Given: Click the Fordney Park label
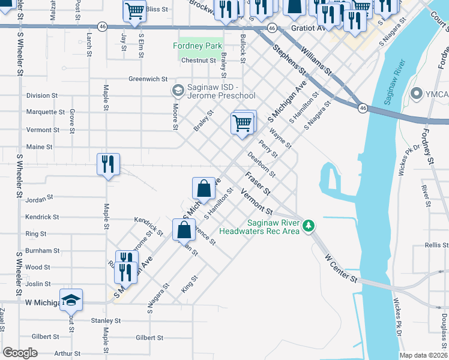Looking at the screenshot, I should click(x=197, y=46).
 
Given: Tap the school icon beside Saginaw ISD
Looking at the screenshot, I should click(x=178, y=91).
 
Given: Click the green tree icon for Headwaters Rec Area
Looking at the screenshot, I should click(x=309, y=226).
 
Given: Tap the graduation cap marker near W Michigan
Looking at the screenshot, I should click(x=71, y=299).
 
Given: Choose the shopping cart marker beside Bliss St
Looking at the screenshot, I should click(x=134, y=10).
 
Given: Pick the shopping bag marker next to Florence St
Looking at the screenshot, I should click(x=184, y=229).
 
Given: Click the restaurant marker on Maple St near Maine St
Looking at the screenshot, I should click(x=108, y=163).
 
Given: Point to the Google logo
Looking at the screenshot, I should click(x=20, y=353).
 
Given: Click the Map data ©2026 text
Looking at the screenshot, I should click(x=423, y=355).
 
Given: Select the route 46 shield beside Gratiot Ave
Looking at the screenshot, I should click(x=271, y=28).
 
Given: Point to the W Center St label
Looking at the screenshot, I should click(x=341, y=269).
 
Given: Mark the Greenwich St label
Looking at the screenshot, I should click(x=148, y=79).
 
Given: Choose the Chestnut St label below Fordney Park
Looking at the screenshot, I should click(x=198, y=61).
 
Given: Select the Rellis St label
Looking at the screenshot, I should click(x=436, y=245).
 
